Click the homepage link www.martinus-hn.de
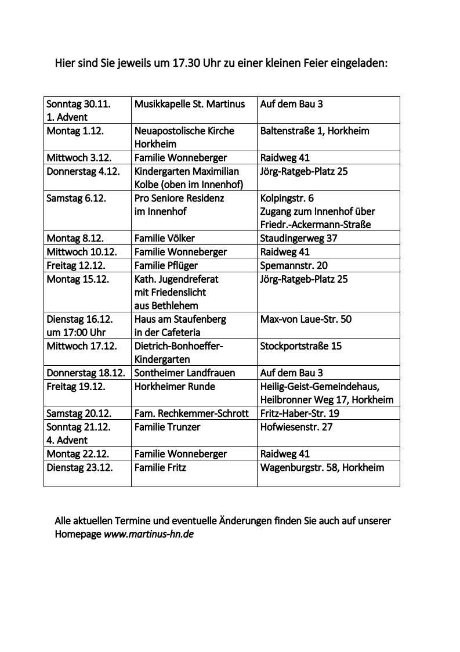(148, 534)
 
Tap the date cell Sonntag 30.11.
(79, 104)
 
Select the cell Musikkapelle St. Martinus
(190, 104)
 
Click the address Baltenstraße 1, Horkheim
(315, 131)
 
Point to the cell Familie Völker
(165, 238)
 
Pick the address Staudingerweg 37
(299, 238)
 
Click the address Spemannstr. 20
(294, 265)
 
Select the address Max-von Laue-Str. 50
(306, 319)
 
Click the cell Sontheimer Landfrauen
(185, 373)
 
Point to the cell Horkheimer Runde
(175, 386)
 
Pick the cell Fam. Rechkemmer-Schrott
(191, 413)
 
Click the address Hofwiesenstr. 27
(296, 427)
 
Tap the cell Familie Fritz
(161, 467)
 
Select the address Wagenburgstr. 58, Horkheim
(323, 467)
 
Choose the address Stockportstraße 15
(301, 346)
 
